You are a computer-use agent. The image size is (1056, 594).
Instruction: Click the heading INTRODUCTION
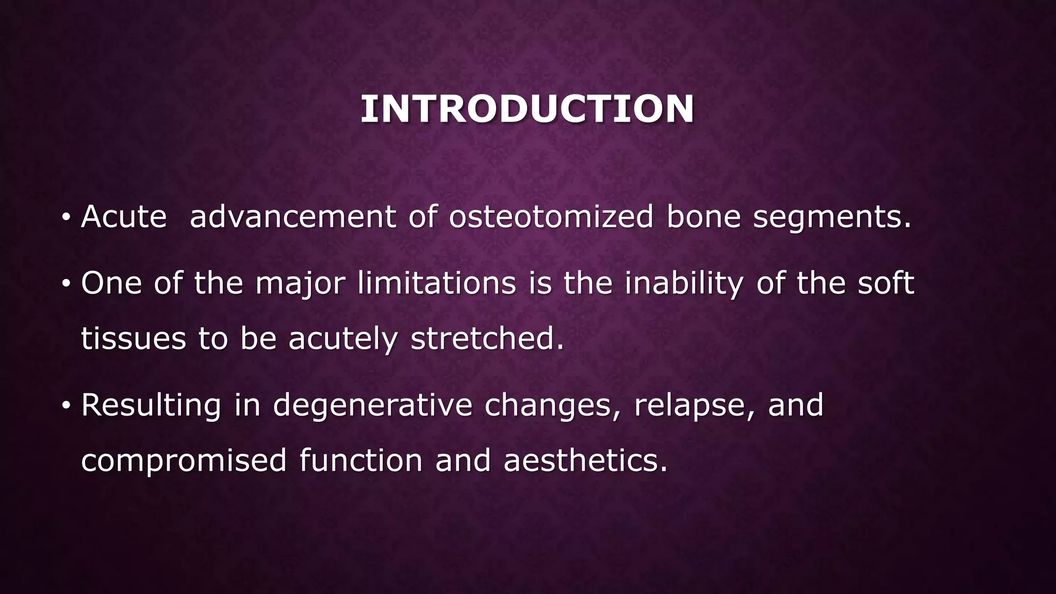click(x=527, y=109)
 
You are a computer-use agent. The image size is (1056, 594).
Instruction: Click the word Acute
click(x=124, y=217)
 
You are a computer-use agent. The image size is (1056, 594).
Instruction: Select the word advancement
click(x=293, y=217)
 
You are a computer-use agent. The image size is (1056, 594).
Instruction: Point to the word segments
click(x=832, y=218)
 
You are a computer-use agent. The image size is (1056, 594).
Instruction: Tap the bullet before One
click(x=65, y=284)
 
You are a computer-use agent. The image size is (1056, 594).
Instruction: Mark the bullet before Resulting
click(x=65, y=405)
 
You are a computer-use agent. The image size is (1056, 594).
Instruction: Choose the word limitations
click(x=436, y=284)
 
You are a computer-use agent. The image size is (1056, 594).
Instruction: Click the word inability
click(x=684, y=285)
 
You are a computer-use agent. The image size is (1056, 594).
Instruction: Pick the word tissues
click(x=133, y=339)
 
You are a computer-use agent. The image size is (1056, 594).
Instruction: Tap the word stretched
click(x=487, y=339)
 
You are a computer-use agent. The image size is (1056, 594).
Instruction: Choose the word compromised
click(x=184, y=461)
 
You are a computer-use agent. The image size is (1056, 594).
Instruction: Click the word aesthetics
click(x=585, y=460)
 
